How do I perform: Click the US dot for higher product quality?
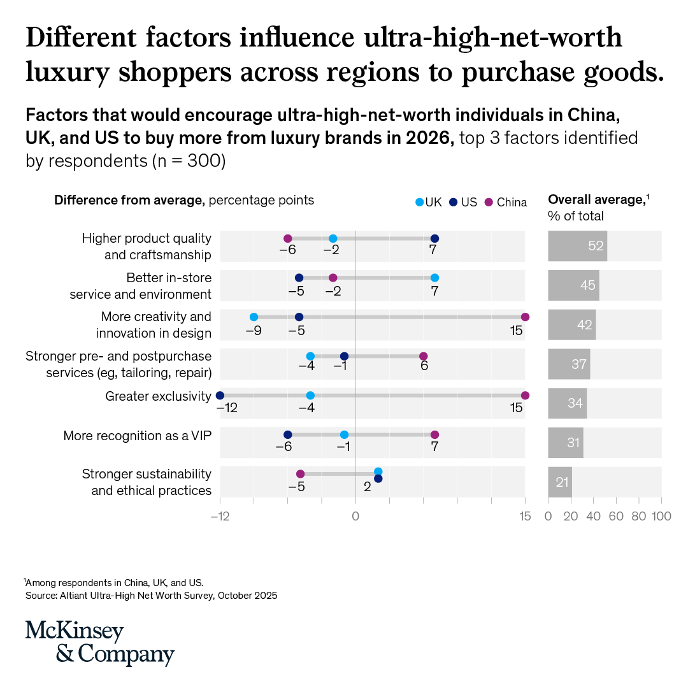click(x=434, y=239)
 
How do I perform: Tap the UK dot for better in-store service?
click(x=434, y=278)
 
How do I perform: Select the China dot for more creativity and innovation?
click(x=525, y=317)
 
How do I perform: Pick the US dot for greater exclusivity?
click(x=220, y=396)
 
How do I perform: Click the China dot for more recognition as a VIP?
click(x=434, y=435)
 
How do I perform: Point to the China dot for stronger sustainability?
click(x=300, y=474)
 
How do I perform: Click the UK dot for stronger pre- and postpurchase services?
click(x=310, y=356)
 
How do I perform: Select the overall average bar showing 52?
click(x=577, y=246)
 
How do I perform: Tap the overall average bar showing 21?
click(x=560, y=482)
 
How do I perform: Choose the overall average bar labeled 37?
click(x=569, y=364)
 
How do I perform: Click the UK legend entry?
click(x=429, y=203)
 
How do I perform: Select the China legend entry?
click(x=505, y=203)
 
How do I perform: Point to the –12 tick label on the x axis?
click(x=220, y=517)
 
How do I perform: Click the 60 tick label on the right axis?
click(x=616, y=517)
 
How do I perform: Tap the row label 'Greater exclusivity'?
click(x=159, y=396)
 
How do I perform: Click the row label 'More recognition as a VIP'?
click(x=138, y=436)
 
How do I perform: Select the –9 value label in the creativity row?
click(x=254, y=331)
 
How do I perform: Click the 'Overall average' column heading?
click(x=598, y=200)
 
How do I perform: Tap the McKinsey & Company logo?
click(x=100, y=643)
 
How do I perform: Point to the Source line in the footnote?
click(x=152, y=596)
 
